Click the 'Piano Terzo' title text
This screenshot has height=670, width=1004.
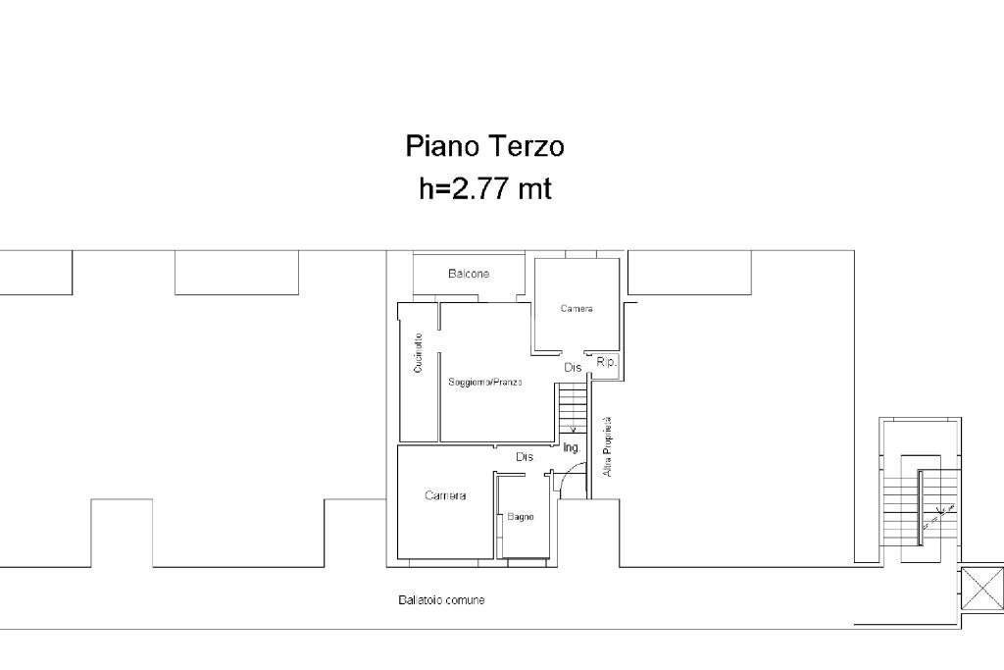point(484,146)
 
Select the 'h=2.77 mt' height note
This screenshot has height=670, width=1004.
point(484,188)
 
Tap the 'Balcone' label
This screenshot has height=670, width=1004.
point(469,274)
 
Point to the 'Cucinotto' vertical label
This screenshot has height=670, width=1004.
point(419,353)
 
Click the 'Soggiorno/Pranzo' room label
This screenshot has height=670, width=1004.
point(485,382)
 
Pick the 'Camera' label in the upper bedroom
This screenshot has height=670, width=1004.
point(577,309)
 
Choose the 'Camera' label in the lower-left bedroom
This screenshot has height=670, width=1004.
point(445,495)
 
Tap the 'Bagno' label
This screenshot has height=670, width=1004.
point(520,517)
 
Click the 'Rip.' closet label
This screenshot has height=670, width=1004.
point(606,363)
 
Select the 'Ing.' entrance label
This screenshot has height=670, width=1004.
point(572,447)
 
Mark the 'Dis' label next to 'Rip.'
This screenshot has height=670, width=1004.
point(573,367)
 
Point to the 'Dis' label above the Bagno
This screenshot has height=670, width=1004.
point(525,457)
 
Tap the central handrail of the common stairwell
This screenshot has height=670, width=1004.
point(921,503)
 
